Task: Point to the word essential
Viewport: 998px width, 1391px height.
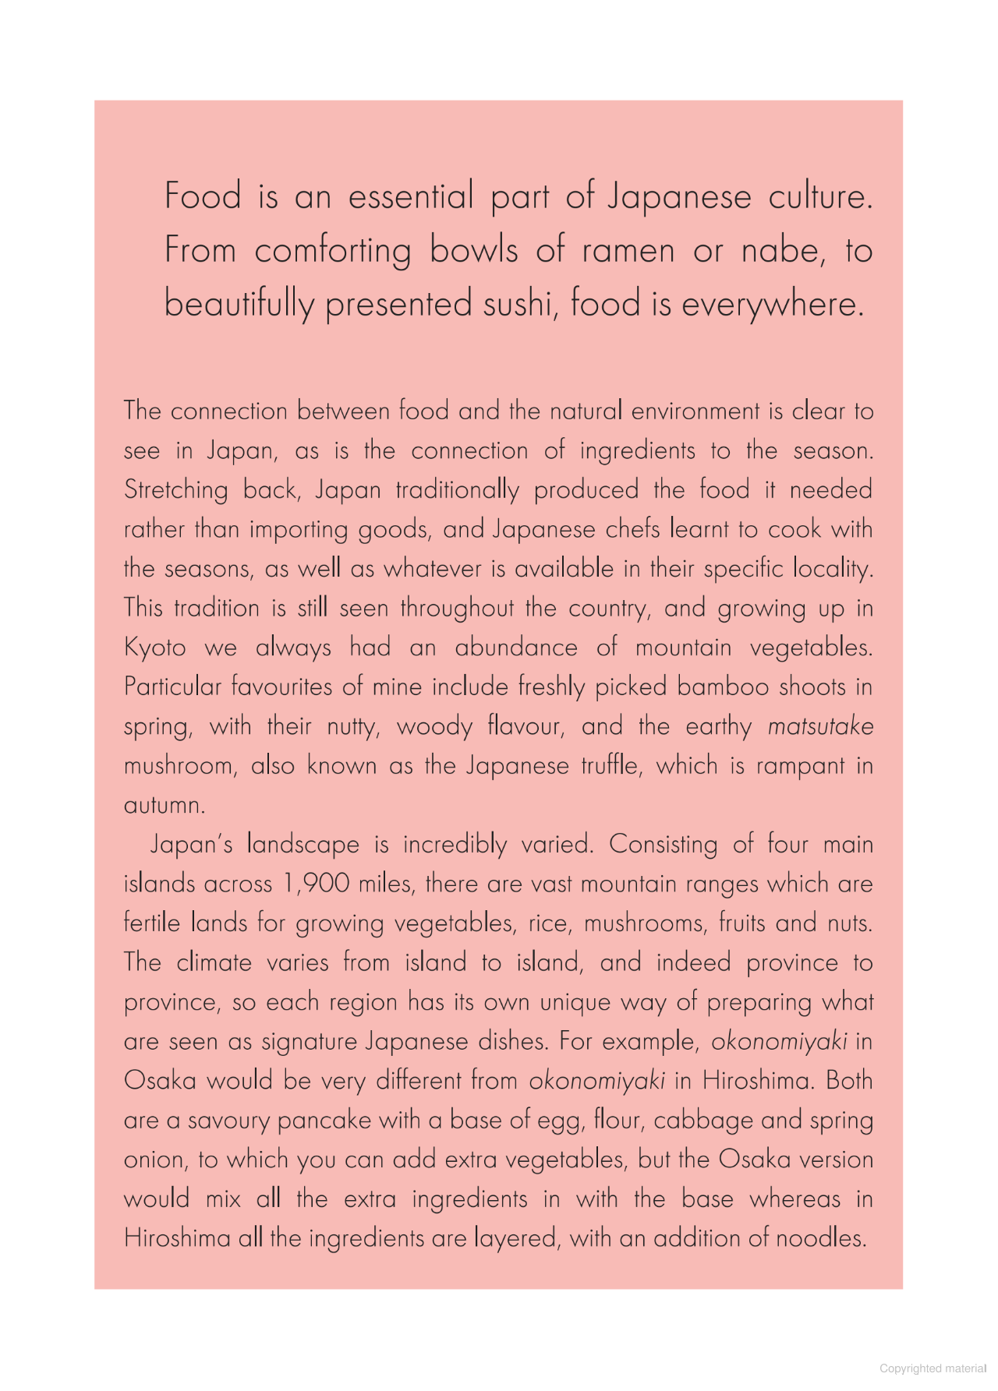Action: click(410, 196)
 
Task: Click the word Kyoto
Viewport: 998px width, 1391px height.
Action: click(155, 648)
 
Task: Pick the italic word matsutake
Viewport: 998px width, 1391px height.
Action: click(820, 726)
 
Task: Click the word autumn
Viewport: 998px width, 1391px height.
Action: click(164, 805)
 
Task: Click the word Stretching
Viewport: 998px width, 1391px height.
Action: click(175, 490)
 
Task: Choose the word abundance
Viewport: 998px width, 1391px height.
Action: click(516, 648)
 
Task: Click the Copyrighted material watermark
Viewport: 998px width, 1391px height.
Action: click(933, 1368)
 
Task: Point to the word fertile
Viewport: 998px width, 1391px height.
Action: click(152, 923)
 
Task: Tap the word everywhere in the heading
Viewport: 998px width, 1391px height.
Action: click(773, 304)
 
